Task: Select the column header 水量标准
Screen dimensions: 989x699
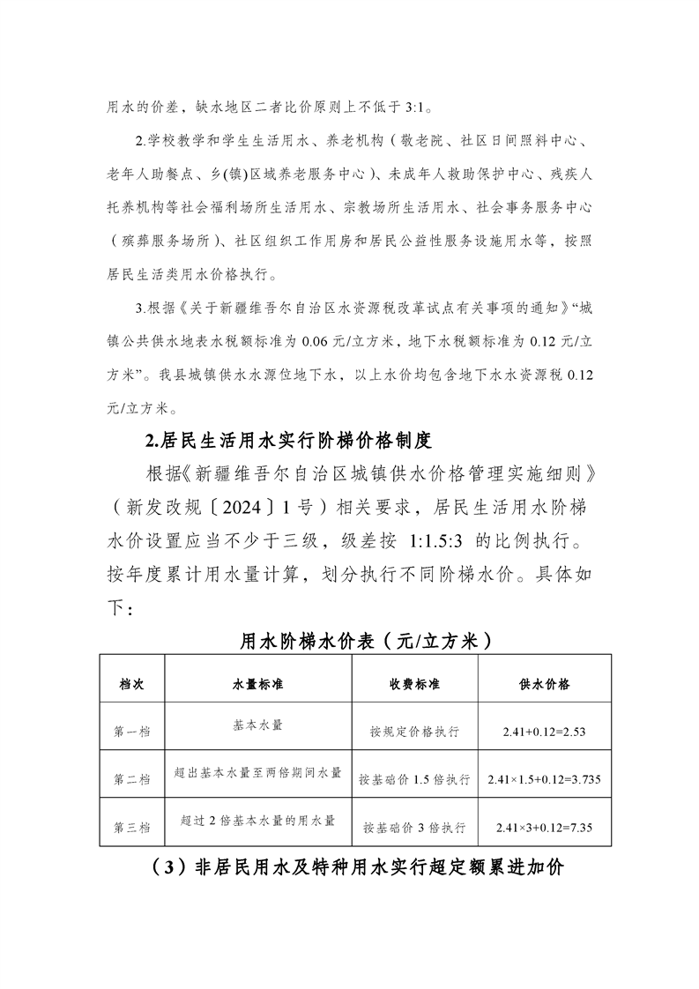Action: [257, 684]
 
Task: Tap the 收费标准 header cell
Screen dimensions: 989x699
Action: [414, 684]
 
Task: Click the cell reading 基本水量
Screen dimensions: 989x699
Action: [257, 726]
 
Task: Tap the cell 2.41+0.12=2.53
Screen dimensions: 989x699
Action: [545, 732]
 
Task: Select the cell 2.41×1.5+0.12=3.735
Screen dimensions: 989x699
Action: [545, 780]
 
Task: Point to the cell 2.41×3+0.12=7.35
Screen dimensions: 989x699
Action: [545, 828]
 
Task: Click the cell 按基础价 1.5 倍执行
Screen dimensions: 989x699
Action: [414, 780]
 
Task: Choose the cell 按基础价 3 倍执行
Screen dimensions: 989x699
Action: [414, 828]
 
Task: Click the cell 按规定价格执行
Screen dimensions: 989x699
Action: [414, 732]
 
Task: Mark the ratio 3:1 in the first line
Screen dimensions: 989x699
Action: [414, 108]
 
